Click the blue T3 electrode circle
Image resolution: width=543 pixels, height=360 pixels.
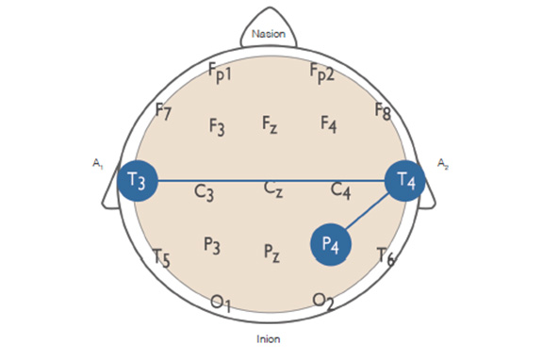(138, 180)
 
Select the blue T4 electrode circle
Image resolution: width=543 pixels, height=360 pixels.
(405, 180)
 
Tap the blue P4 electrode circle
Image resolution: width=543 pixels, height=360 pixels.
(331, 245)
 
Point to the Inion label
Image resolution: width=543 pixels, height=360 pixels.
(269, 338)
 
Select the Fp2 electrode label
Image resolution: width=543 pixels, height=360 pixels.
(322, 72)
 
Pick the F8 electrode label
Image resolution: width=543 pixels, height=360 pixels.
(383, 111)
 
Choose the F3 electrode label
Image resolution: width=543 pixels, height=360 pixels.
(216, 126)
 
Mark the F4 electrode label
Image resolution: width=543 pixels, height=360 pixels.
(328, 123)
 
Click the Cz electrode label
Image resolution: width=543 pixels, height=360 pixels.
(273, 189)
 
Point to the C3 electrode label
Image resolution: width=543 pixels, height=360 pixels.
(205, 193)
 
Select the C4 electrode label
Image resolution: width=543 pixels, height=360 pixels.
(341, 191)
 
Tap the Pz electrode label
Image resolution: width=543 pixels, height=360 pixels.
(271, 253)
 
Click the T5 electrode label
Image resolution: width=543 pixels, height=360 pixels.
(161, 256)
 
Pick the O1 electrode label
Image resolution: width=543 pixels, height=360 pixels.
(221, 303)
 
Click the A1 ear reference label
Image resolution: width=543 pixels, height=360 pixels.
(97, 165)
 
